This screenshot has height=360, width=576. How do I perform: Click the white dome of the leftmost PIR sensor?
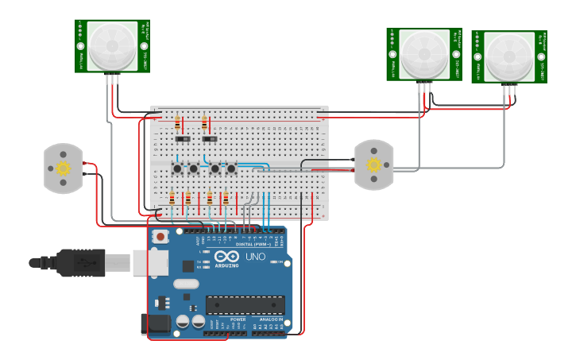[112, 45]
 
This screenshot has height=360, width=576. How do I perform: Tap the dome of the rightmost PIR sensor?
[509, 55]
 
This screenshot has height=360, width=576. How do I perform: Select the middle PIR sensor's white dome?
[424, 52]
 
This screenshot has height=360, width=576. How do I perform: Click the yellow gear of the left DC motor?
[64, 168]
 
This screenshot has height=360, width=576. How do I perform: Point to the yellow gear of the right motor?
[373, 165]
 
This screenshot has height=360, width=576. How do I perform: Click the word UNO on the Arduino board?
[255, 257]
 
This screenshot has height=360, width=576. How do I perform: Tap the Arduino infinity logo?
[226, 257]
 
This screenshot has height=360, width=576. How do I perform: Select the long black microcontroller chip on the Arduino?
[245, 304]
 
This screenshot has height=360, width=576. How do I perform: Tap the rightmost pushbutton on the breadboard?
[231, 168]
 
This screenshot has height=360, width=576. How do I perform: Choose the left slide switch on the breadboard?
[184, 139]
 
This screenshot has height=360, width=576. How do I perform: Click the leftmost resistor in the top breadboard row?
[176, 123]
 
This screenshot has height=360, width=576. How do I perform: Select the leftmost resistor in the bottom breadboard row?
[172, 198]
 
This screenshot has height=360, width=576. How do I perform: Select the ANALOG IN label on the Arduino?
[269, 319]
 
